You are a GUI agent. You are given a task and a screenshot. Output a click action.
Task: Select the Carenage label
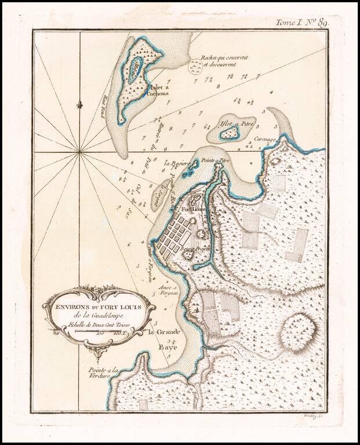[264, 140]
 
